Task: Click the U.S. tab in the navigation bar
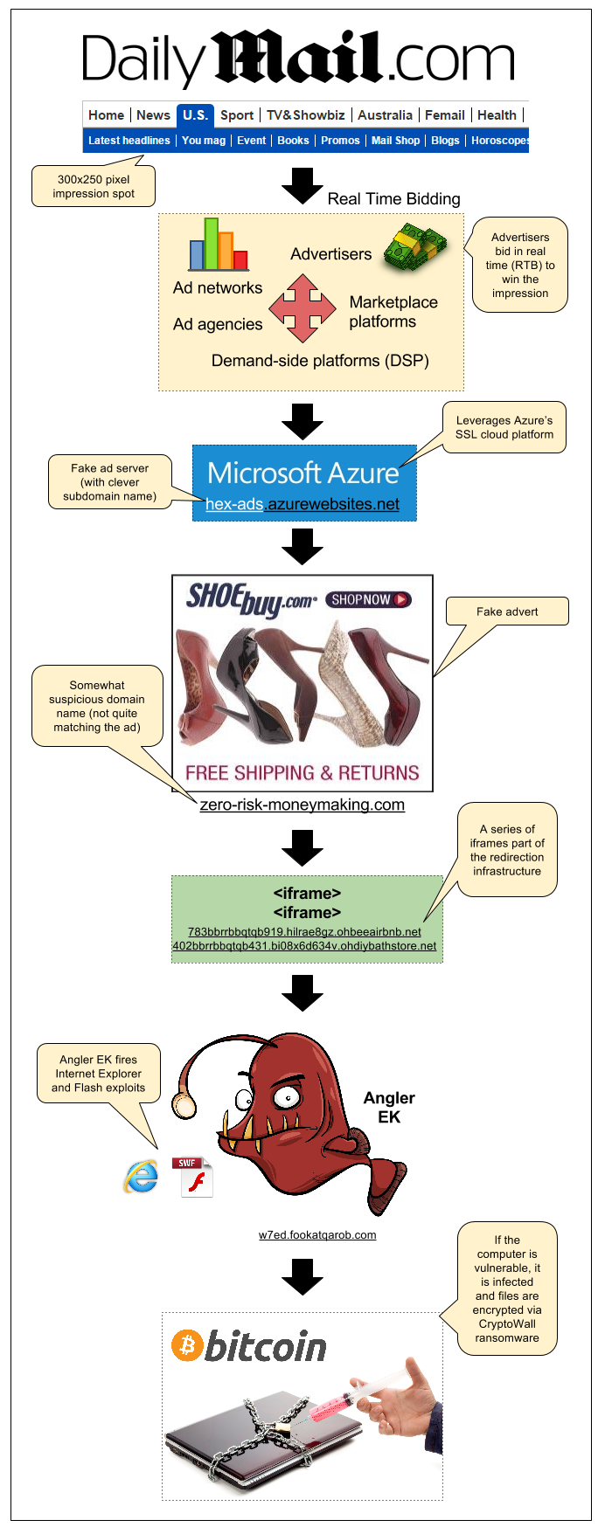(x=195, y=115)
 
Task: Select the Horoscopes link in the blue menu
(x=499, y=141)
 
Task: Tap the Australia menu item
(x=385, y=115)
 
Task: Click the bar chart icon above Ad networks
(x=219, y=245)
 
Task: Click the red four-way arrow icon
(x=302, y=308)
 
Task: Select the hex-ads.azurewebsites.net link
(x=302, y=504)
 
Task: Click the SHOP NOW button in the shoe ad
(x=368, y=600)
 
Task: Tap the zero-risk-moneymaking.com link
(x=302, y=805)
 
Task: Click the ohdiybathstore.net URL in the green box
(x=304, y=945)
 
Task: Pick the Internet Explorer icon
(x=141, y=1178)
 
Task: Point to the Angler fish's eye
(x=283, y=1096)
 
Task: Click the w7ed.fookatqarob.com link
(x=317, y=1235)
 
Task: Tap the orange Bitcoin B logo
(x=187, y=1345)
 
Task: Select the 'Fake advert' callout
(x=507, y=611)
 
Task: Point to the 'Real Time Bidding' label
(x=393, y=199)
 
